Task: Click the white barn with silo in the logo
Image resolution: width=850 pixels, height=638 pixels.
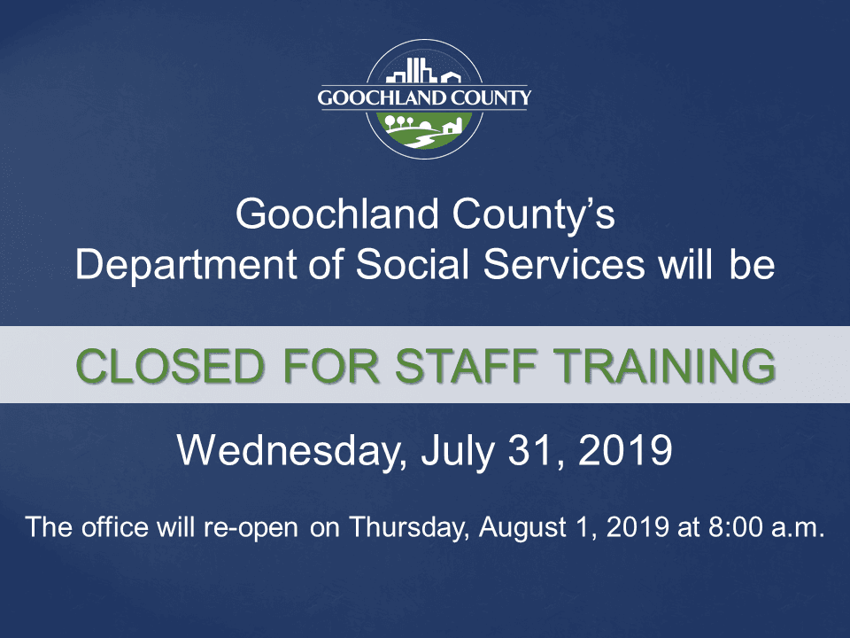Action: tap(452, 126)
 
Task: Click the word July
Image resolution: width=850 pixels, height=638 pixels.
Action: tap(452, 452)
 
